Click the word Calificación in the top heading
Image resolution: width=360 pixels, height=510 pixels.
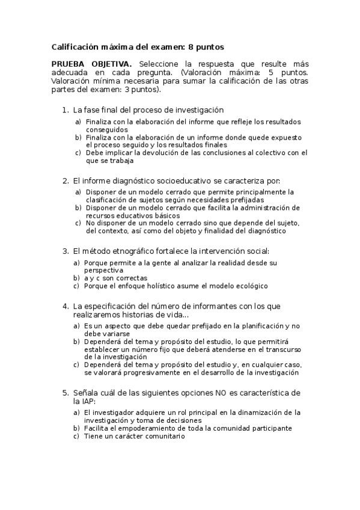point(75,46)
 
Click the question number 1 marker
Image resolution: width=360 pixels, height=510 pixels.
point(66,110)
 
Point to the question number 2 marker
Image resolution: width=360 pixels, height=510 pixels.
point(66,180)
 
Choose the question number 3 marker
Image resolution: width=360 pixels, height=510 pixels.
point(66,251)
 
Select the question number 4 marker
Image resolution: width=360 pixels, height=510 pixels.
point(66,306)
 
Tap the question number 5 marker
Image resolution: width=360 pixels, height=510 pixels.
point(66,393)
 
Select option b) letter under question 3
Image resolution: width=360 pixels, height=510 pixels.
point(76,278)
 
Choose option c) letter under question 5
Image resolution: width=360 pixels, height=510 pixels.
point(76,436)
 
